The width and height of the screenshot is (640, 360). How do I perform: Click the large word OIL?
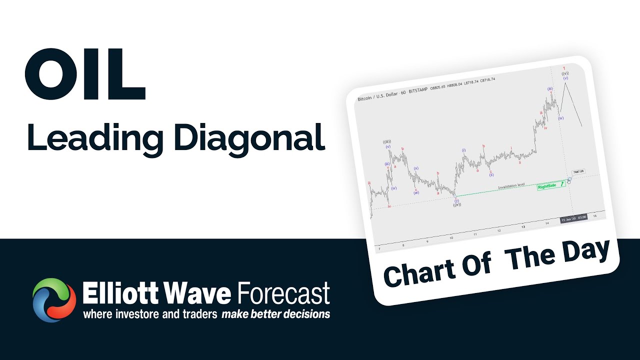[x=85, y=74]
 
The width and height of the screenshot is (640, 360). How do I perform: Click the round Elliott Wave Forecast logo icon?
[x=54, y=300]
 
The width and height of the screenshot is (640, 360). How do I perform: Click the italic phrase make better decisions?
[x=275, y=314]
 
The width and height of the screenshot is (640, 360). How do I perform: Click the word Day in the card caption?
[x=585, y=251]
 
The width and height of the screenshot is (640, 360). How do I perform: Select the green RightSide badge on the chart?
[x=546, y=186]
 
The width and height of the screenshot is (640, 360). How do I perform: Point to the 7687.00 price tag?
[x=578, y=171]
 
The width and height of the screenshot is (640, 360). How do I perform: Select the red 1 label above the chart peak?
[x=563, y=68]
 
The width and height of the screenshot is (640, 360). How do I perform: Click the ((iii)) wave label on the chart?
[x=387, y=141]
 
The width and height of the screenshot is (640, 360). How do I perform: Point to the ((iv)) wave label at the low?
[x=456, y=205]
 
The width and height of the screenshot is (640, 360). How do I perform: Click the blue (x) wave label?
[x=415, y=168]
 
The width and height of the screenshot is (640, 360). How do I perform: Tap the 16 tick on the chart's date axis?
[x=594, y=216]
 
